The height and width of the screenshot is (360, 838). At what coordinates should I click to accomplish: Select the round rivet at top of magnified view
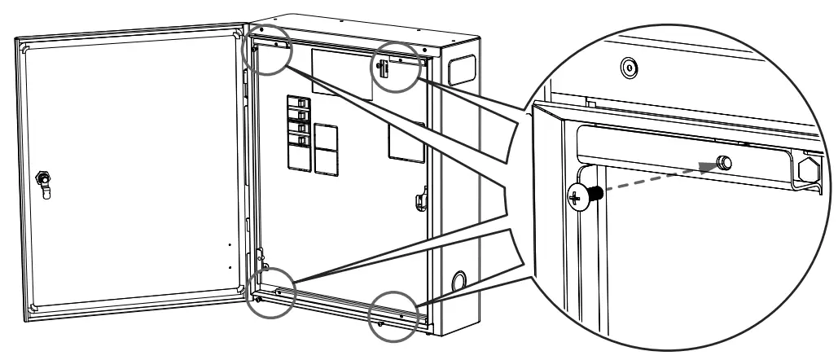(x=627, y=68)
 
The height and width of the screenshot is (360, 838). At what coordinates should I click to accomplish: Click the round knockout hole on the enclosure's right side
(x=458, y=283)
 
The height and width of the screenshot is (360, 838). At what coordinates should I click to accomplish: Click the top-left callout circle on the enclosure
(x=270, y=48)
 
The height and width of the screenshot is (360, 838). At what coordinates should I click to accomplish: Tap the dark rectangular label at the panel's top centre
(x=343, y=73)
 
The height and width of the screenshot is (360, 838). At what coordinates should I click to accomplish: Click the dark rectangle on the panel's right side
(x=405, y=140)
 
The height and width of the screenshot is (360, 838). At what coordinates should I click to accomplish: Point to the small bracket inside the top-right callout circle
(x=383, y=68)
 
